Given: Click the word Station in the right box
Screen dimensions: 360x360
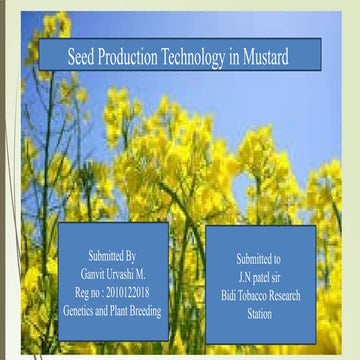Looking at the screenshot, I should coord(259,298).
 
